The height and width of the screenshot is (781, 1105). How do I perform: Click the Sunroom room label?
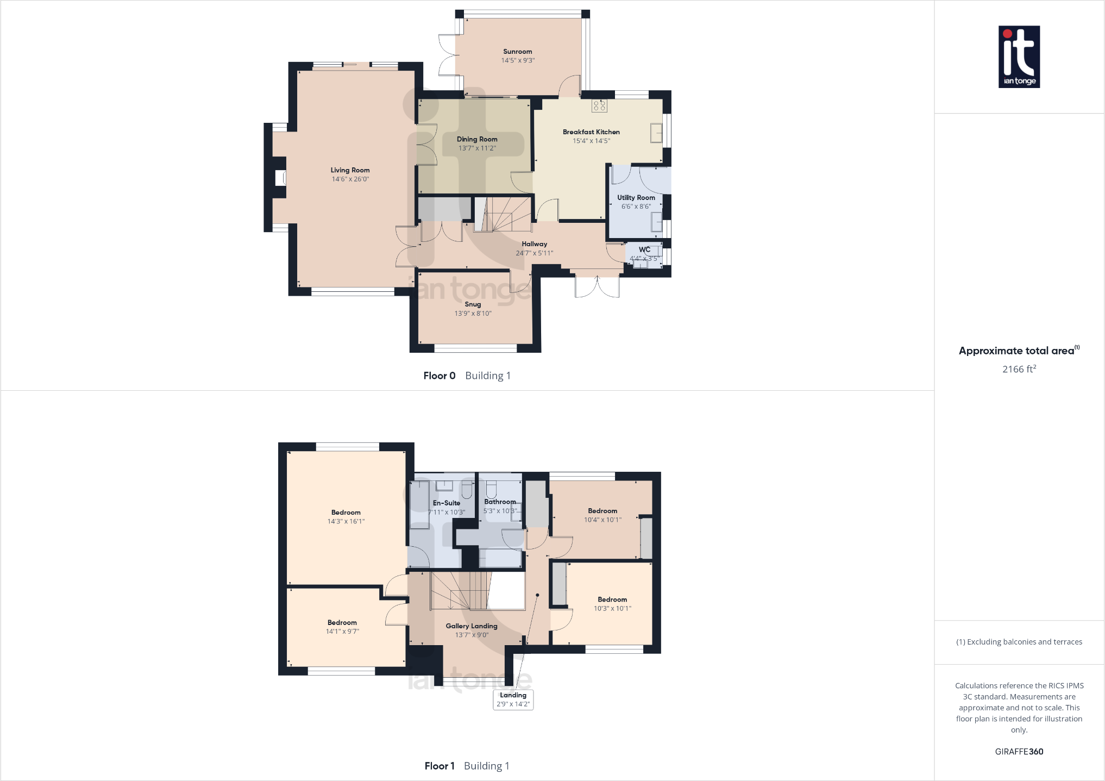tap(517, 52)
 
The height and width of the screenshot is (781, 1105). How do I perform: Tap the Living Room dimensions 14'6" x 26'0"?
tap(350, 179)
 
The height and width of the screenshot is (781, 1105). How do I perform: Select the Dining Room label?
tap(477, 139)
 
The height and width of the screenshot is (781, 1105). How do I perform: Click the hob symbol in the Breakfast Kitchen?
tap(599, 106)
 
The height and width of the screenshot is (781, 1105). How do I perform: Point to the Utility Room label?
tap(636, 198)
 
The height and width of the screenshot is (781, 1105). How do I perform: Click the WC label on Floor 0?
tap(644, 250)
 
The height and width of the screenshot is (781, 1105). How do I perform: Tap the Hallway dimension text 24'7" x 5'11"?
tap(534, 253)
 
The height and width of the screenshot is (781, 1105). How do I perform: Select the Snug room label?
tap(473, 304)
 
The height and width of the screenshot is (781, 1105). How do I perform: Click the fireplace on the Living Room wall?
tap(280, 178)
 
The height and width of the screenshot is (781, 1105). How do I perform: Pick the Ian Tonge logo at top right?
tap(1019, 57)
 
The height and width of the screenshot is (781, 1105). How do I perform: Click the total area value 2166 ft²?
tap(1019, 369)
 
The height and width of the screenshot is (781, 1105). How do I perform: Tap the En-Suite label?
tap(446, 503)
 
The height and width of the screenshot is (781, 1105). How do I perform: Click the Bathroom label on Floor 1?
tap(500, 502)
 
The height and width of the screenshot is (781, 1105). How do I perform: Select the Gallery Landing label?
tap(472, 626)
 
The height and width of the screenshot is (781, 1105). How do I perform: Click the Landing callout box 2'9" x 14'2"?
tap(513, 699)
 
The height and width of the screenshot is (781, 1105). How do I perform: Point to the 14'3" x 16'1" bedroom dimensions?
tap(346, 522)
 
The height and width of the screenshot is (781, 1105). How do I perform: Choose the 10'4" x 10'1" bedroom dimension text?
tap(602, 520)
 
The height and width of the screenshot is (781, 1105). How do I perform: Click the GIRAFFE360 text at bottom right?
tap(1019, 752)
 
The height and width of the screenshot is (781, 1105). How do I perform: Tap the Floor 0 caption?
tap(440, 376)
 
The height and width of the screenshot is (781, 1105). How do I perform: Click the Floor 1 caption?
tap(440, 766)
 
